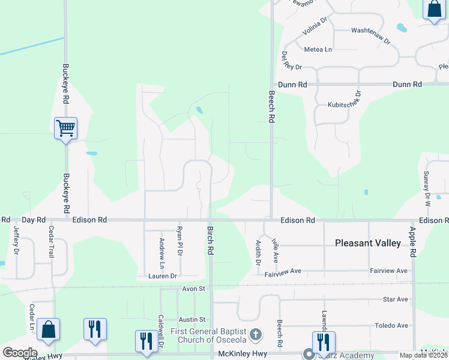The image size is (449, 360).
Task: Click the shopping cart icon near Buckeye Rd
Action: [x=65, y=127]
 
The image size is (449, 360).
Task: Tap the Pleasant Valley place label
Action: [x=367, y=243]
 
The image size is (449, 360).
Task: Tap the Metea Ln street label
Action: [x=318, y=49]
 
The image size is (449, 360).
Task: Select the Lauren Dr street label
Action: [x=163, y=276]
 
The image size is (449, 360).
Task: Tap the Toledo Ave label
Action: [x=391, y=326]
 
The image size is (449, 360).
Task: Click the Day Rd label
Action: [x=34, y=220]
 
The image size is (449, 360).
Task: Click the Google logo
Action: [x=20, y=353]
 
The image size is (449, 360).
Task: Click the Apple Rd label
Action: [x=412, y=242]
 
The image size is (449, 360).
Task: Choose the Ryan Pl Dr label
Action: [x=179, y=240]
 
